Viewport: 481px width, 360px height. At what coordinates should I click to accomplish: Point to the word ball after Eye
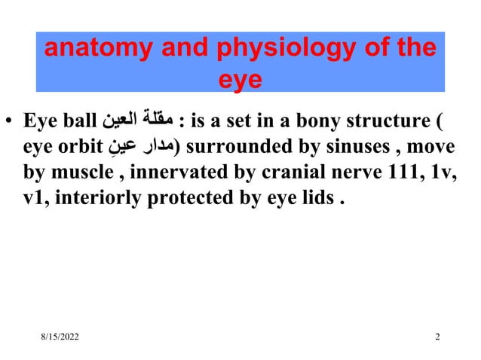pos(78,121)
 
